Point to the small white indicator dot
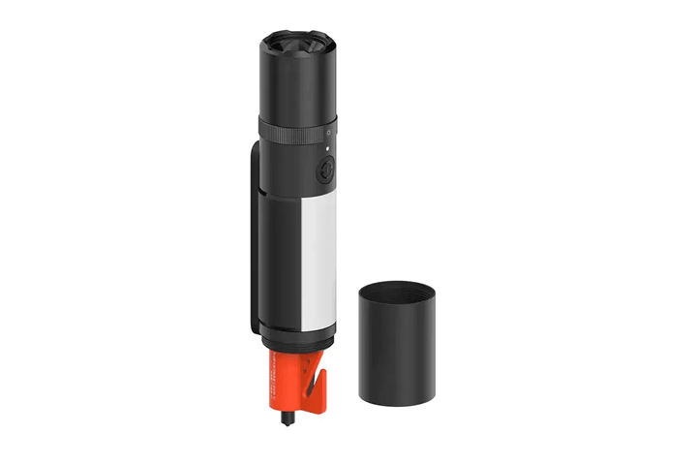pos(327,149)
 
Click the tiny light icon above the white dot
pos(328,134)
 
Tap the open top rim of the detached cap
pos(396,290)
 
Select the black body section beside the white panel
pos(280,262)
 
